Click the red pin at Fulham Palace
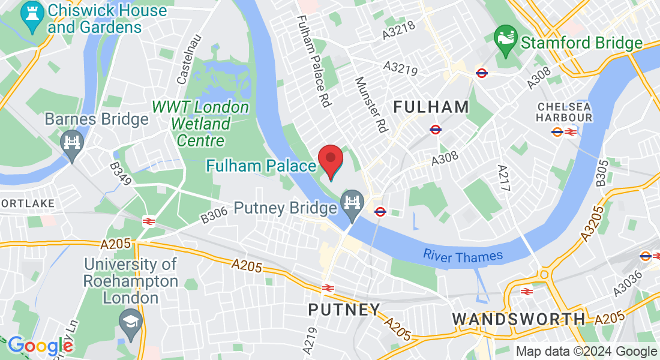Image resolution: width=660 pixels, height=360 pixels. [330, 160]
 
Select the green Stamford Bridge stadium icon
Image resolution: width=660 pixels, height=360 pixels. [505, 42]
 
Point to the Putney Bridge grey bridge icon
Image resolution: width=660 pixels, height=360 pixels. [351, 202]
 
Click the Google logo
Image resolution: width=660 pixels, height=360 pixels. [40, 346]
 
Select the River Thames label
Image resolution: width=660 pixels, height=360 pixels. [463, 256]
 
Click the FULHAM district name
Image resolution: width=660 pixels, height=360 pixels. [431, 107]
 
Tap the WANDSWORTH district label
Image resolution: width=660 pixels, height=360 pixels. [518, 319]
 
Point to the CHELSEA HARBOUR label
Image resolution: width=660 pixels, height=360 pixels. [564, 112]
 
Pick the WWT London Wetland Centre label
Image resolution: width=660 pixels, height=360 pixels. [200, 124]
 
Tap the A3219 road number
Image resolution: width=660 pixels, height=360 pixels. [400, 68]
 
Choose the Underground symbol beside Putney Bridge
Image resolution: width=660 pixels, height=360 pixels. [380, 211]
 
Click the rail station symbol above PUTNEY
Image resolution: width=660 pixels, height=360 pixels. [328, 287]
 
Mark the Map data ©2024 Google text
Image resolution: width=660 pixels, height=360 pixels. [587, 352]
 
